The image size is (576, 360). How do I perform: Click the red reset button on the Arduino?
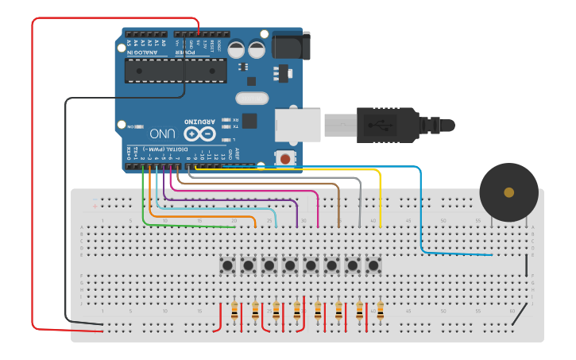click(x=284, y=159)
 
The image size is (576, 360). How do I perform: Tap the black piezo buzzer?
click(x=508, y=193)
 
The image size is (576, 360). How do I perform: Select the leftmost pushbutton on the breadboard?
click(x=228, y=265)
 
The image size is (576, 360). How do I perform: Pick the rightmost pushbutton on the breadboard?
click(x=373, y=265)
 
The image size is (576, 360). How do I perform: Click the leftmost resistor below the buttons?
click(x=234, y=311)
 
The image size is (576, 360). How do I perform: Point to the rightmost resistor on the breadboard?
click(x=380, y=311)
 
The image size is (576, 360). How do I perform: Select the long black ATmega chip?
click(x=176, y=70)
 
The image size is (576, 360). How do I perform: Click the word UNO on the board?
click(x=162, y=133)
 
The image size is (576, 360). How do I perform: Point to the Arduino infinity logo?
click(x=199, y=132)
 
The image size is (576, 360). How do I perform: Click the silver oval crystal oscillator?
click(x=252, y=99)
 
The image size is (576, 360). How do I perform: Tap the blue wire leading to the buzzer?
click(x=420, y=215)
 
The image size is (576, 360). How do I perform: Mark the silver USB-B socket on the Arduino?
click(x=297, y=126)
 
